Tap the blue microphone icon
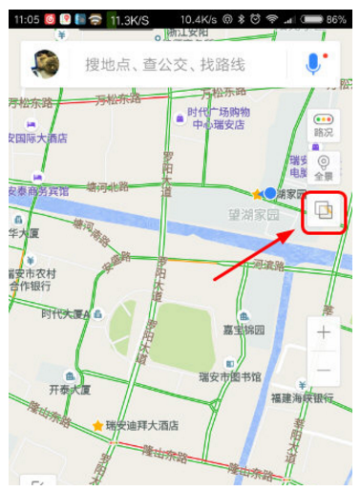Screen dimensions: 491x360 (x=313, y=64)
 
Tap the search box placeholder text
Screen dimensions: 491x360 (x=165, y=65)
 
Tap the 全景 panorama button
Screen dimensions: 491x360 (x=324, y=168)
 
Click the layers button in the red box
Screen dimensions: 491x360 (x=324, y=211)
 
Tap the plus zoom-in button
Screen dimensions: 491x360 (x=324, y=333)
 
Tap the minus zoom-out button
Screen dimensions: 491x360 (x=324, y=370)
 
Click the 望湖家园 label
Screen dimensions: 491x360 (x=260, y=216)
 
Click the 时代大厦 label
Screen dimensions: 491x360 (x=65, y=313)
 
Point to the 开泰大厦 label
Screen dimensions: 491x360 (x=71, y=389)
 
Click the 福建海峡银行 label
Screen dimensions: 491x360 (x=302, y=397)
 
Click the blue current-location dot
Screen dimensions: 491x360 (x=270, y=194)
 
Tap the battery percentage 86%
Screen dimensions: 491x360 (x=336, y=19)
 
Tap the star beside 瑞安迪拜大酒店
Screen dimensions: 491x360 (x=96, y=425)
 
